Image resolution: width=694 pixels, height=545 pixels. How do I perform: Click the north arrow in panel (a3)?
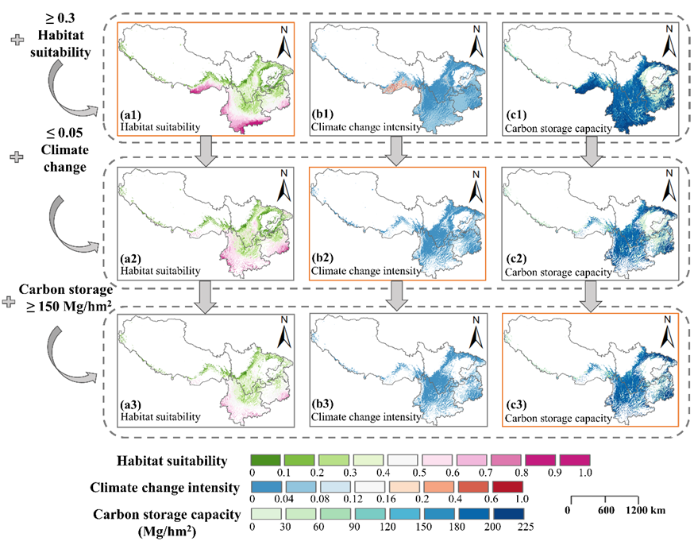[284, 334]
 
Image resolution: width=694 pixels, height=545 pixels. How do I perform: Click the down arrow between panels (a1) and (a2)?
[205, 151]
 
